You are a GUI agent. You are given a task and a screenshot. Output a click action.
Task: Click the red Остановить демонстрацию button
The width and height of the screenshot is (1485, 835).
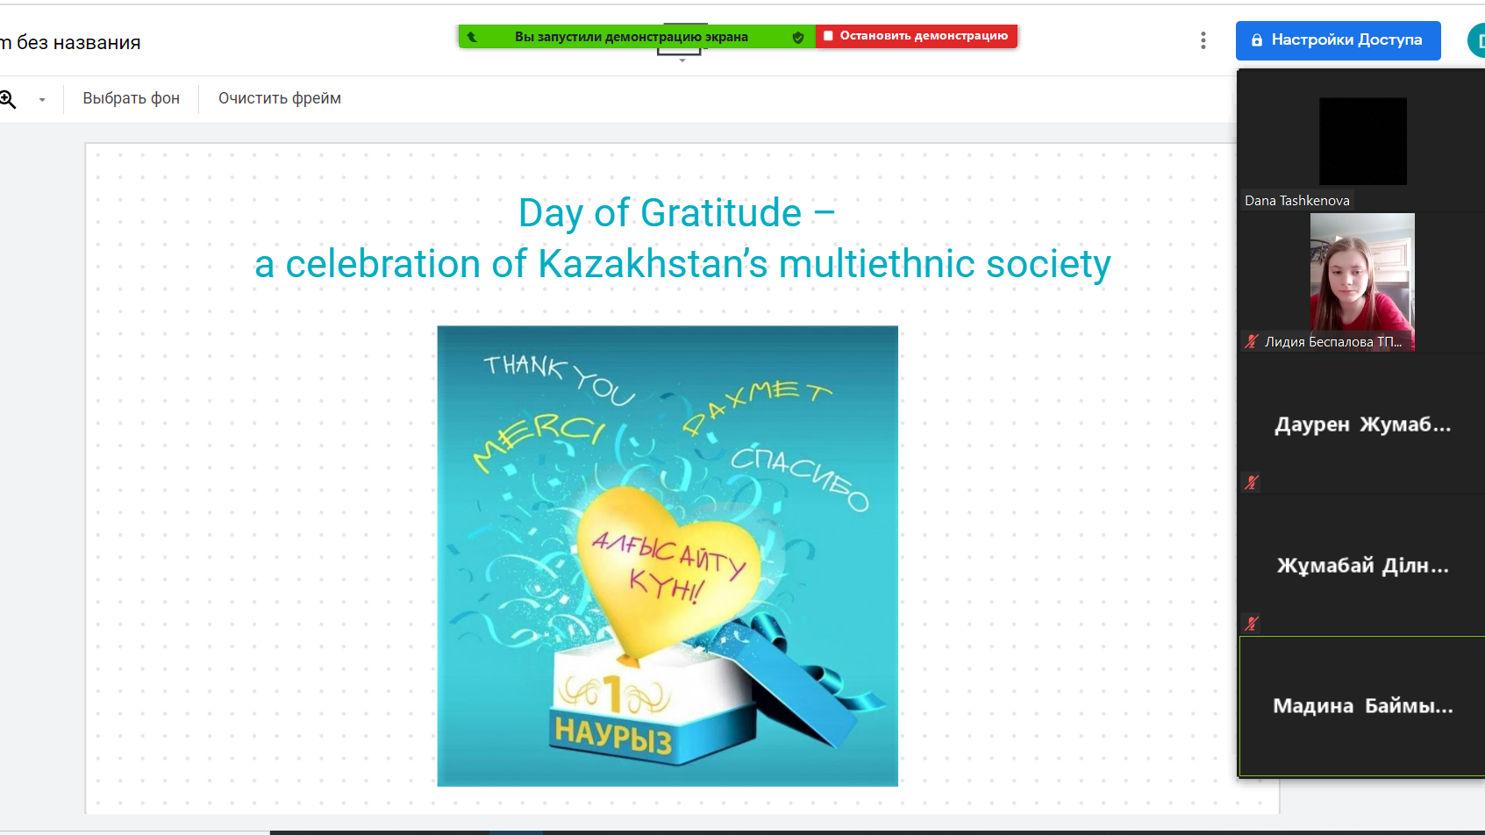917,36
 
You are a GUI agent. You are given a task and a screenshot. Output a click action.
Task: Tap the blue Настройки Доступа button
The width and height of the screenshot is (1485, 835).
1338,40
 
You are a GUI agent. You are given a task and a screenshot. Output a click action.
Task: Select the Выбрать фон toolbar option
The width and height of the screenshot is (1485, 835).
132,99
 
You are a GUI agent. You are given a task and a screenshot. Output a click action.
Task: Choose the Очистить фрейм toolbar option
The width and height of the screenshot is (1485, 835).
280,99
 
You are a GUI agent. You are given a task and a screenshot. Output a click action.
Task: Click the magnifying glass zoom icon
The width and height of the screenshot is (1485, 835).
8,99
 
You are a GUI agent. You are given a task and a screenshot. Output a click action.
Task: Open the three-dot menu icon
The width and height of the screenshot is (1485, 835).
1203,40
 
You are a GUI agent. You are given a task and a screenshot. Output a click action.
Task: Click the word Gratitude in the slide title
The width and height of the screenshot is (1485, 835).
721,213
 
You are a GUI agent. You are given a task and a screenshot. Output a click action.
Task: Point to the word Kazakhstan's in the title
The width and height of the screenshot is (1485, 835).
653,264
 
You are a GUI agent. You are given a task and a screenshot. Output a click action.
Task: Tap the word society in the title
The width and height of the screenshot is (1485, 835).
1048,264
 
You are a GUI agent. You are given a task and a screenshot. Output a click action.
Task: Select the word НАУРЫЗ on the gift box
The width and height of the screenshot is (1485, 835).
613,736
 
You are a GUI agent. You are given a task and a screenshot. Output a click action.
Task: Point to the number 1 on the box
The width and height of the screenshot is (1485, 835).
613,694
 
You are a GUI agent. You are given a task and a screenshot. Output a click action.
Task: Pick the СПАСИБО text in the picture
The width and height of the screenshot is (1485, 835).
799,477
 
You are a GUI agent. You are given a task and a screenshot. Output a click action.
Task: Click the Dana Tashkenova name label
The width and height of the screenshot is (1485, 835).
1296,201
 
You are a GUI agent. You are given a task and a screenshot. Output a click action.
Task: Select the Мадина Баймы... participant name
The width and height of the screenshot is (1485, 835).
1362,706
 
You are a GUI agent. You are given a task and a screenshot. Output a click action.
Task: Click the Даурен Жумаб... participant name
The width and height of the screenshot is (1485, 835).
1362,425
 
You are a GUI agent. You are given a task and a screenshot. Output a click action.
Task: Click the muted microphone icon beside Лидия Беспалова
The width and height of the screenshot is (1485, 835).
1251,342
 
